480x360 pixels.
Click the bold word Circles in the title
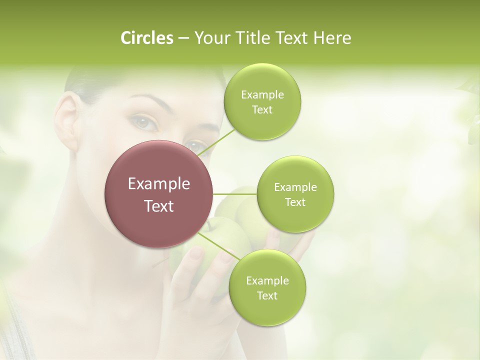pos(147,38)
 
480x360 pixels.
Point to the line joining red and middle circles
pos(235,194)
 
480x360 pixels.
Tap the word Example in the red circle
pos(159,184)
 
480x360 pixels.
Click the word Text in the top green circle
pos(262,110)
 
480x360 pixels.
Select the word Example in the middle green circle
pos(295,187)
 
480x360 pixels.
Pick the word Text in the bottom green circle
pos(267,296)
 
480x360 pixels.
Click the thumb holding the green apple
pos(196,256)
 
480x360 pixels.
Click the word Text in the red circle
pos(159,206)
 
